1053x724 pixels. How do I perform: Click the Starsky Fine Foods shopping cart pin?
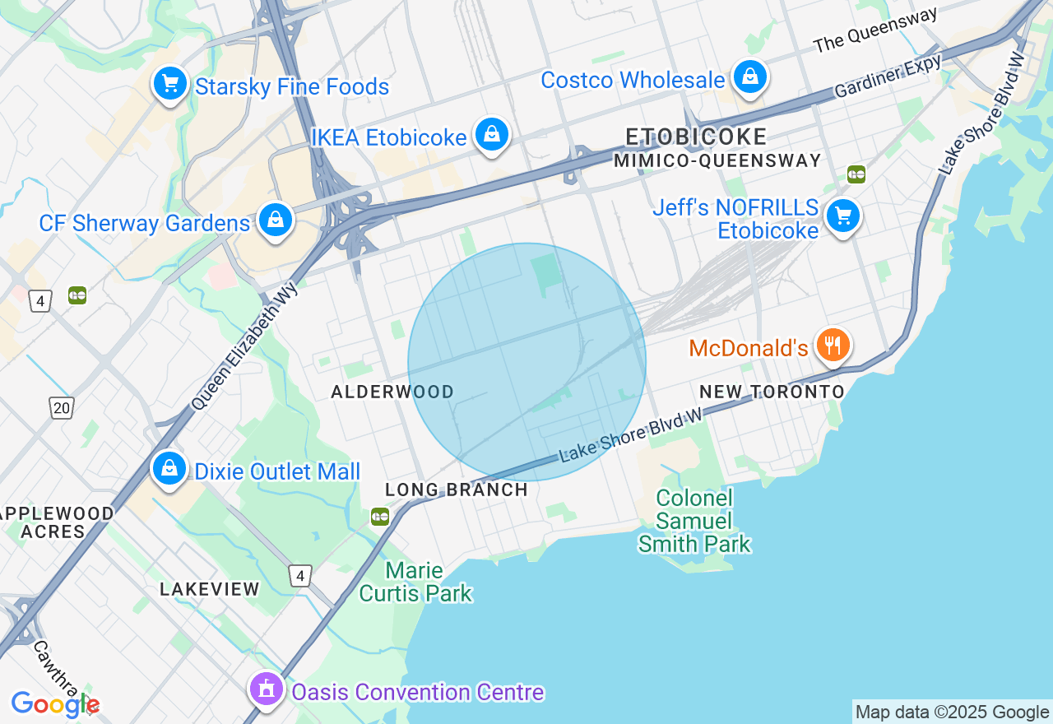click(170, 84)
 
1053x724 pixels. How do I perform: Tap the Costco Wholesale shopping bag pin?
click(749, 77)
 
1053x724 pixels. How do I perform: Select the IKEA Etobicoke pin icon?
click(492, 135)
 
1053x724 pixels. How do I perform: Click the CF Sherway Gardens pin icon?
click(276, 220)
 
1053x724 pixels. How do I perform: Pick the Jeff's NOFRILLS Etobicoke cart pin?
click(842, 216)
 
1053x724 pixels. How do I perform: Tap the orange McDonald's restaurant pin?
click(833, 346)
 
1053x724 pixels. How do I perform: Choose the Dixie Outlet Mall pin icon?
click(169, 469)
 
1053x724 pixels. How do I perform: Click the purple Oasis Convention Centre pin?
click(266, 690)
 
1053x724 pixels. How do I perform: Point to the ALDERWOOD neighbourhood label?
click(392, 392)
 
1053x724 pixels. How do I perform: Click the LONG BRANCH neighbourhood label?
click(457, 490)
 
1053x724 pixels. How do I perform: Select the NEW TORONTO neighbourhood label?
click(772, 392)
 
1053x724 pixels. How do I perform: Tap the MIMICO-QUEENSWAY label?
click(717, 161)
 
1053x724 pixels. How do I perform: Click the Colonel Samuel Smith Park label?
click(694, 522)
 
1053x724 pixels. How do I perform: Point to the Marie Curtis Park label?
click(415, 582)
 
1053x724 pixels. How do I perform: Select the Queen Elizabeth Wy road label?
click(245, 346)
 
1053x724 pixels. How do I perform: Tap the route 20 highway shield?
click(62, 408)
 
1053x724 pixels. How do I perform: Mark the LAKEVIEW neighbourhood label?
click(210, 590)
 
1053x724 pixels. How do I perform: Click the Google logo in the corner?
click(54, 704)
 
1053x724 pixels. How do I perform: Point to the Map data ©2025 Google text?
click(952, 712)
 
